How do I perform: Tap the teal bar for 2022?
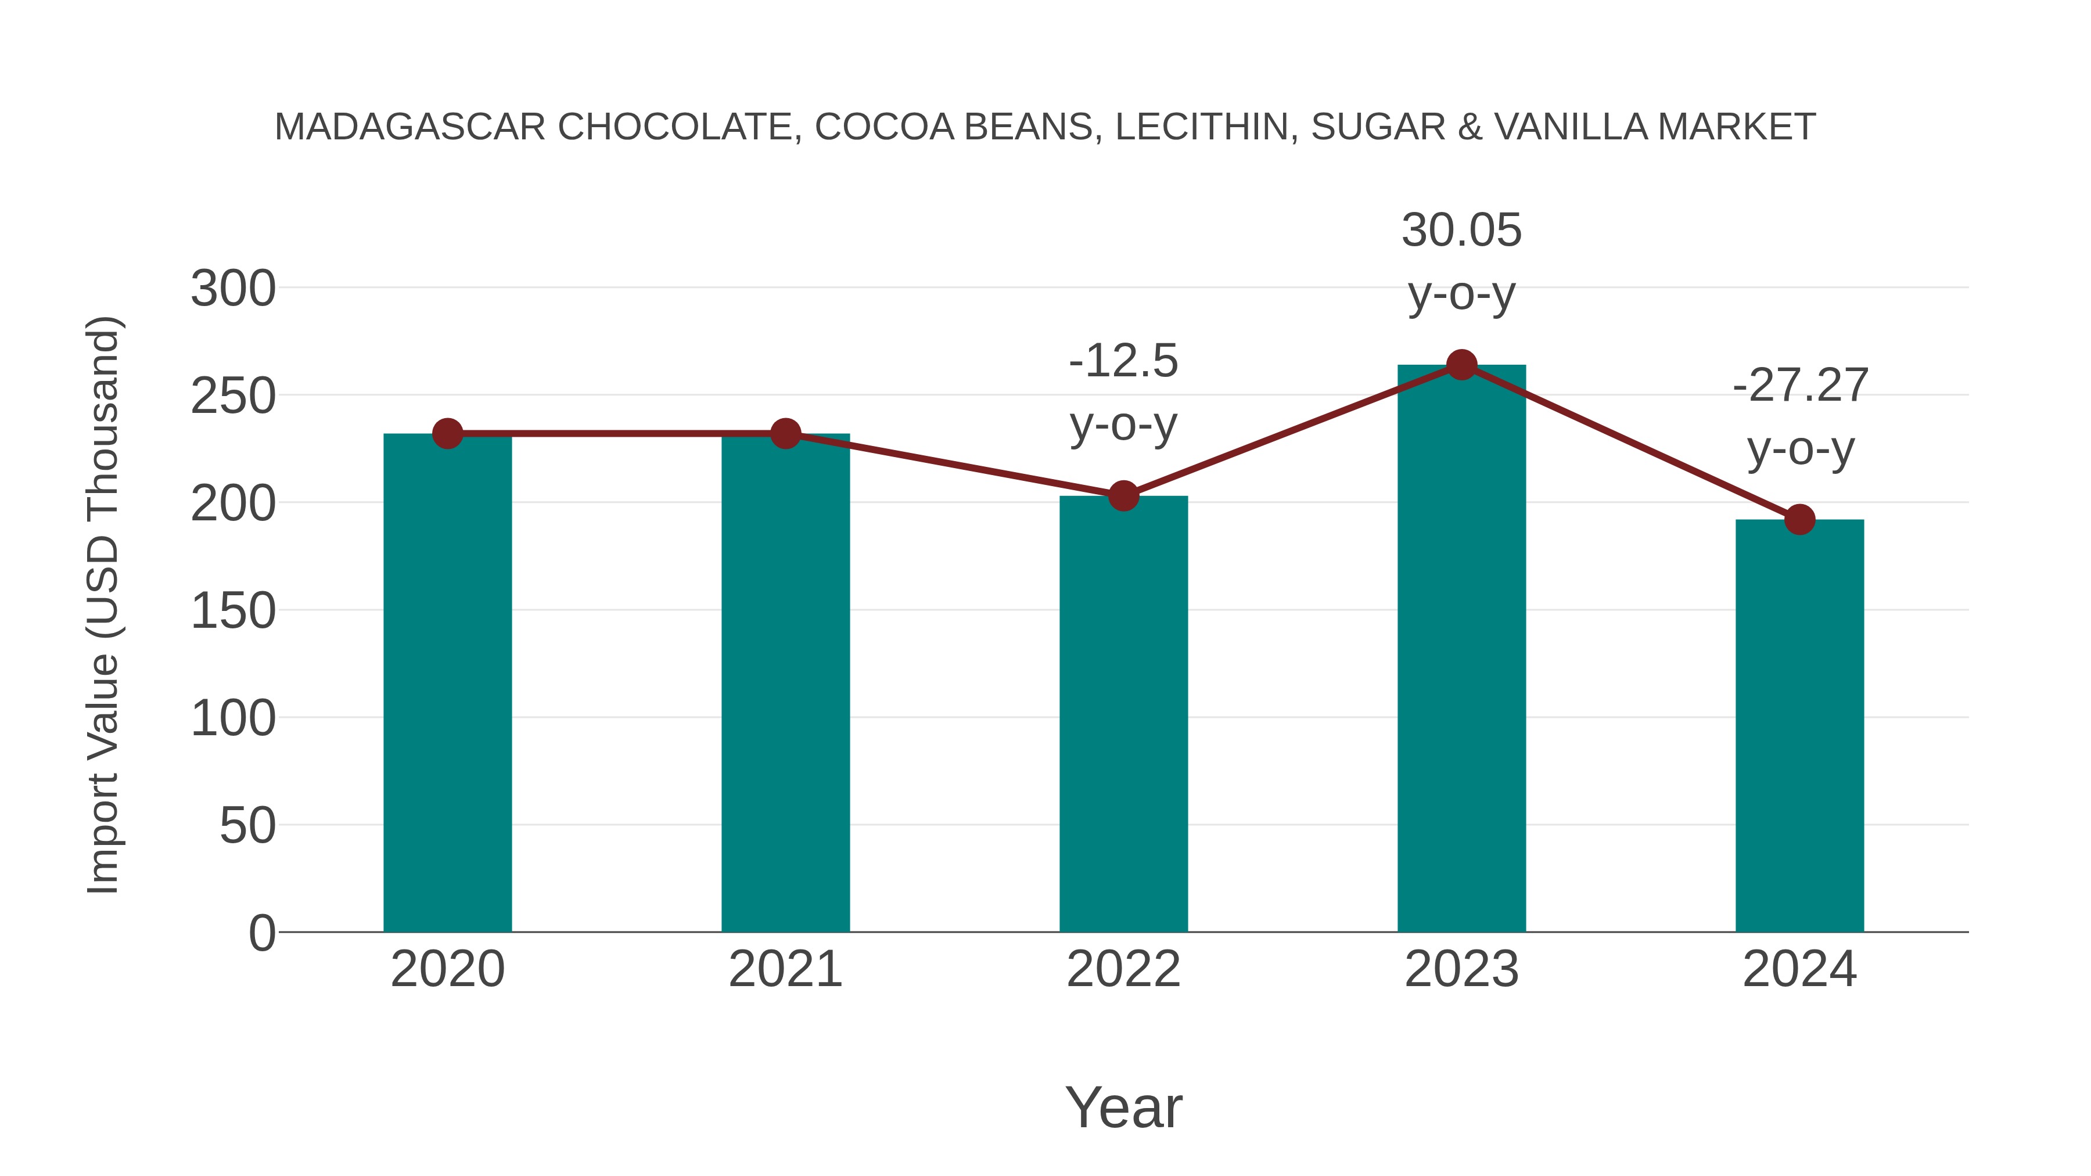pos(1123,714)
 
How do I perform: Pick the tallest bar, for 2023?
pos(1461,649)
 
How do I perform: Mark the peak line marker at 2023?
pos(1461,365)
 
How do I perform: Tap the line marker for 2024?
pos(1799,519)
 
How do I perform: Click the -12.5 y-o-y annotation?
pos(1123,392)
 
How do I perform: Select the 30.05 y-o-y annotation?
pos(1461,261)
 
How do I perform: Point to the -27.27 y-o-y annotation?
pos(1799,416)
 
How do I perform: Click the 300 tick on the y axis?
pos(233,289)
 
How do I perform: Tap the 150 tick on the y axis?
pos(233,611)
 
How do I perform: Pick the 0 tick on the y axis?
pos(261,933)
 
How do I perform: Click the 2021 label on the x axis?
pos(785,969)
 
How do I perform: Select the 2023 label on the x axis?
pos(1461,969)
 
